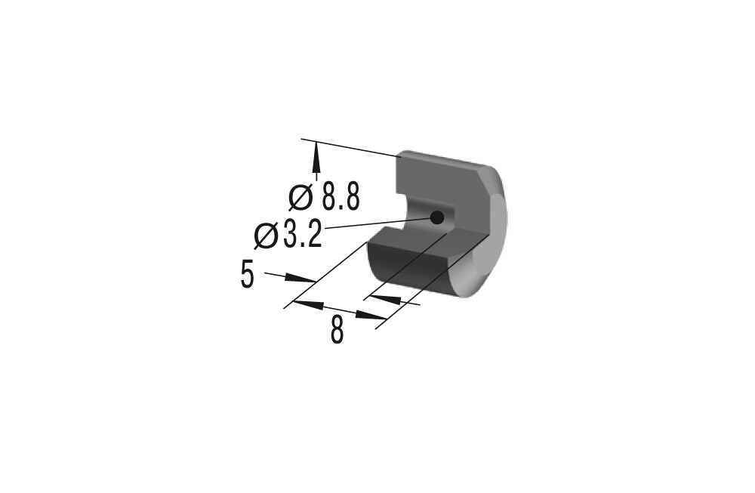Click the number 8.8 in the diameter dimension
tap(341, 196)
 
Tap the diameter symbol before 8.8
tap(301, 197)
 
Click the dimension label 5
tap(247, 275)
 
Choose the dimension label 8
tap(337, 330)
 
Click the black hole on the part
tap(436, 217)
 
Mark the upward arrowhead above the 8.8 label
tap(316, 159)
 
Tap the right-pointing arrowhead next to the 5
tap(300, 279)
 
